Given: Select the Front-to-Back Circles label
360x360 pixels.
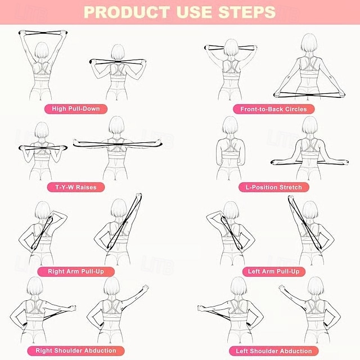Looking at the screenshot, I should pyautogui.click(x=273, y=109).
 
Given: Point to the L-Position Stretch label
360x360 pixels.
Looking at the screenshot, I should pyautogui.click(x=274, y=187).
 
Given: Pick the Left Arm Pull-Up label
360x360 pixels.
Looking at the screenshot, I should pyautogui.click(x=274, y=271).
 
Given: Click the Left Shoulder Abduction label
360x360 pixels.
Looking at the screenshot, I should pyautogui.click(x=274, y=350).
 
